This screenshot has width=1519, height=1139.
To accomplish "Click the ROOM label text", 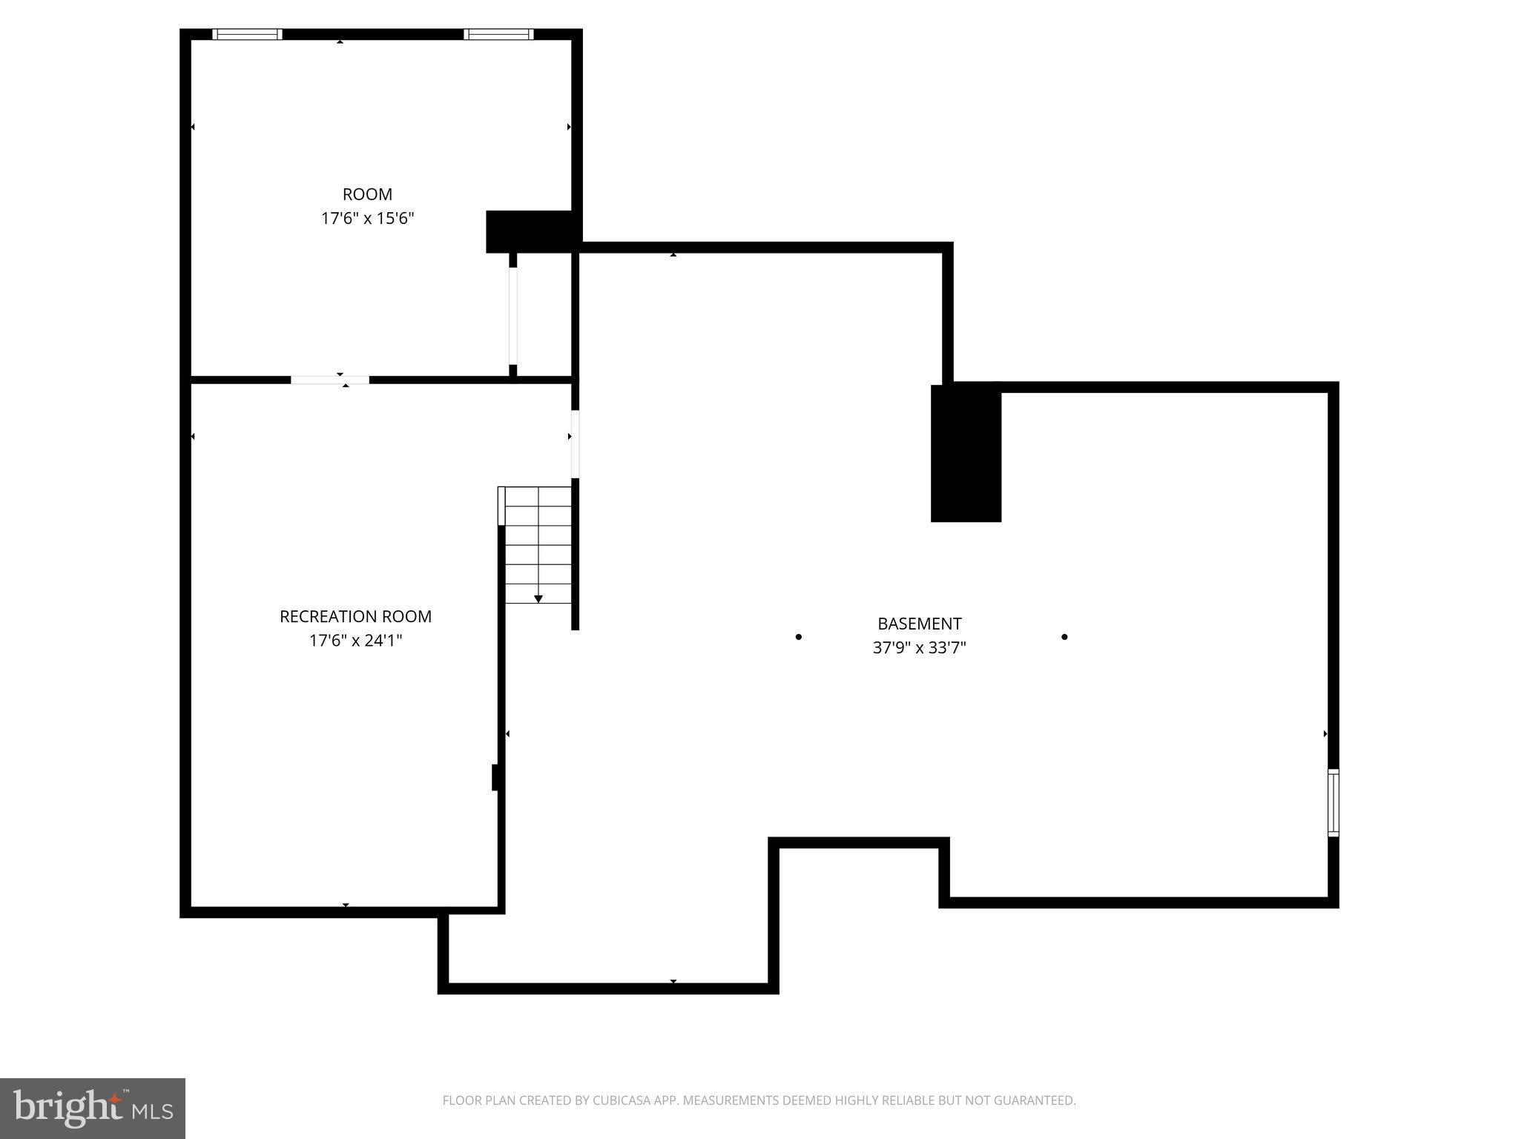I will click(367, 194).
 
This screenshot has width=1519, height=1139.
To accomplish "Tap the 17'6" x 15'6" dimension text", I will click(367, 219).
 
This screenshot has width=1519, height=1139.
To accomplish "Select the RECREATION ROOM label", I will click(355, 616).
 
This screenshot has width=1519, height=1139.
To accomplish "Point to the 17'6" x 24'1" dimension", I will click(355, 641).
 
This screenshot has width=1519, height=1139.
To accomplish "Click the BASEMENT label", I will click(919, 624).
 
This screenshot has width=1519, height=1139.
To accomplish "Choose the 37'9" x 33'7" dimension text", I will click(919, 648).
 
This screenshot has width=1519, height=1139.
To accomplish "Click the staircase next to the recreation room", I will click(538, 545).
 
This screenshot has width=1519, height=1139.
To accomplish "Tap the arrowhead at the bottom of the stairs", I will click(538, 598).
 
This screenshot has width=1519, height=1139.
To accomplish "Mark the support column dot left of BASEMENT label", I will click(798, 637).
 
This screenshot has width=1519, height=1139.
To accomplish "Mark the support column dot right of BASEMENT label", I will click(1064, 637).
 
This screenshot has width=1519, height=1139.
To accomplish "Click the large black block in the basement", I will click(966, 453).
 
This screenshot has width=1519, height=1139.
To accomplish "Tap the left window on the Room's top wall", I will click(247, 34).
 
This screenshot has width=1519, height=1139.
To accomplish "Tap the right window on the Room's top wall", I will click(498, 34).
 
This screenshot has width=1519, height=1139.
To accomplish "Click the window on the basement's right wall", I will click(1333, 803).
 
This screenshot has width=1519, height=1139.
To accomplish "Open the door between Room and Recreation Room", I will click(330, 380).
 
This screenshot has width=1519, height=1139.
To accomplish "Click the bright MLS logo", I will click(93, 1108).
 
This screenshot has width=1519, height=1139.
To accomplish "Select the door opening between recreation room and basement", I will click(575, 443).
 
